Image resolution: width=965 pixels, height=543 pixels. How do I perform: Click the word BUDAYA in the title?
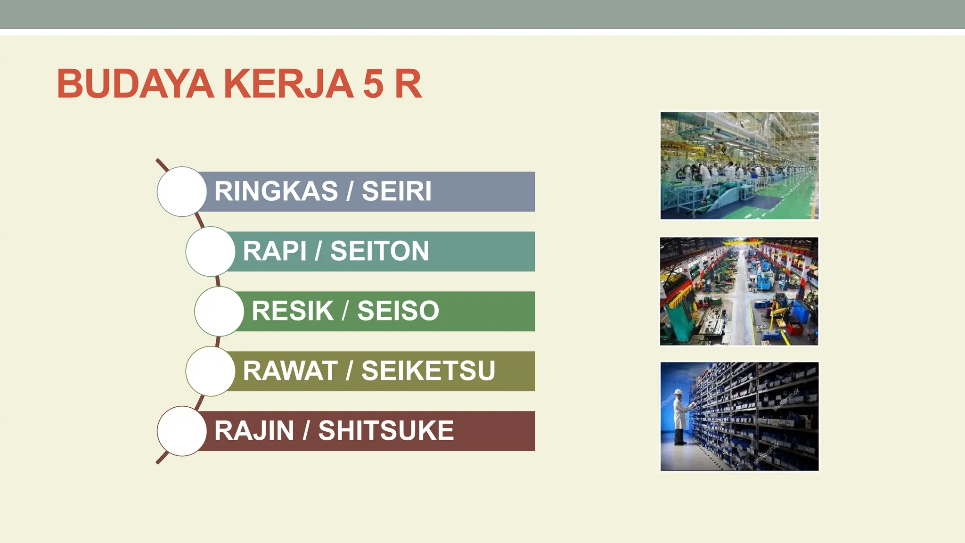click(136, 84)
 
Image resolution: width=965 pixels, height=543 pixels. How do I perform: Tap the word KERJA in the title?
click(288, 84)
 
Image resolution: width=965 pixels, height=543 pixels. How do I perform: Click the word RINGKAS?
click(276, 191)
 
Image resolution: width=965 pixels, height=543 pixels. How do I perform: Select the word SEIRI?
click(396, 191)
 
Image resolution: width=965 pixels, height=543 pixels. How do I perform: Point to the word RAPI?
click(274, 251)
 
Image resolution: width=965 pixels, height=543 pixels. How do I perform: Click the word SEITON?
click(379, 251)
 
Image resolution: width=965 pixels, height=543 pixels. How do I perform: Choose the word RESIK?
click(292, 311)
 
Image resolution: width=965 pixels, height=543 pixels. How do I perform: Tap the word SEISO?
click(398, 311)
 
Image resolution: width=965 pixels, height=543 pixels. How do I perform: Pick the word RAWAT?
click(290, 370)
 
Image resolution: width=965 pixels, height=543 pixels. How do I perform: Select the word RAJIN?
click(254, 430)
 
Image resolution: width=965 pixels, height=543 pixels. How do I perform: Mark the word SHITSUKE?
click(386, 430)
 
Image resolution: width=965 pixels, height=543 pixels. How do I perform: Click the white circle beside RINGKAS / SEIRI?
click(182, 191)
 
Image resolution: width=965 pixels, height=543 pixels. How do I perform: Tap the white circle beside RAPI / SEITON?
click(211, 251)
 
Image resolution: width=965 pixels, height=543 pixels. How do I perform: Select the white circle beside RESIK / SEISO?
click(219, 311)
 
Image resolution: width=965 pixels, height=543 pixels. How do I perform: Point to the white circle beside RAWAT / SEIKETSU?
click(211, 371)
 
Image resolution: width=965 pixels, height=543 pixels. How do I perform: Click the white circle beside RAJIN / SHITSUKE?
click(182, 431)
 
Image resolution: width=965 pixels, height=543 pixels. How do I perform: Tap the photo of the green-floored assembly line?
click(739, 165)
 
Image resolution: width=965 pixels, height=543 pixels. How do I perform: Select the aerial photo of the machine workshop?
click(739, 291)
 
